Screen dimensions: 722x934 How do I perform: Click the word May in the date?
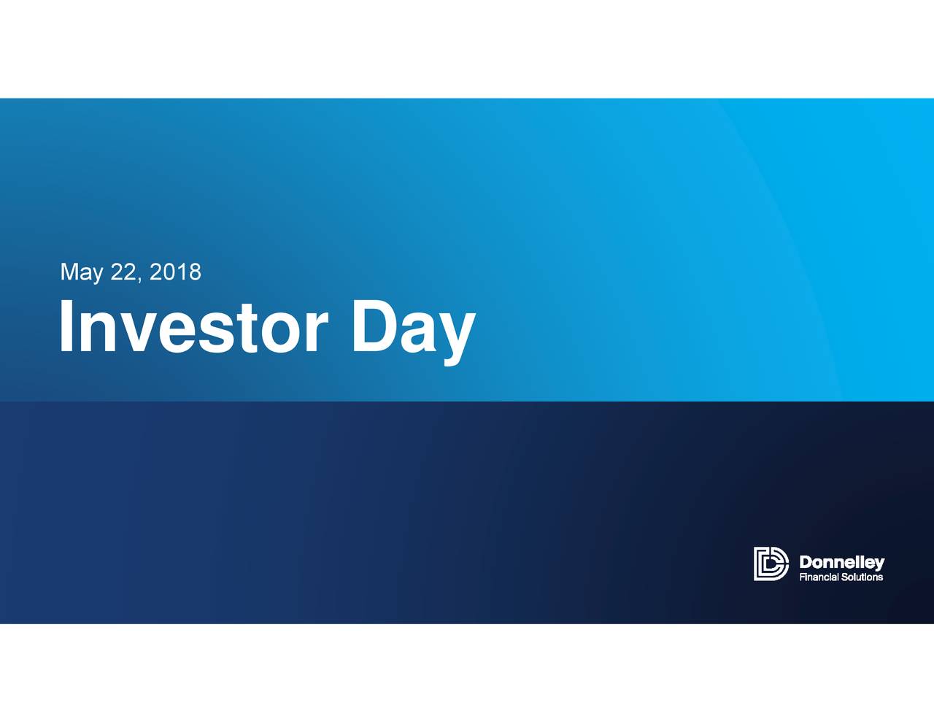click(x=81, y=272)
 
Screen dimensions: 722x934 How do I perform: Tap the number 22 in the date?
click(x=123, y=272)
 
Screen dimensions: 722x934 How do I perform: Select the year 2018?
click(x=174, y=272)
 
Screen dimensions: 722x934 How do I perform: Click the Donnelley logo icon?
click(x=771, y=564)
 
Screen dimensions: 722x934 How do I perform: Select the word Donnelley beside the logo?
click(x=841, y=562)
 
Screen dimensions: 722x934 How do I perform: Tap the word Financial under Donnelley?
click(x=819, y=577)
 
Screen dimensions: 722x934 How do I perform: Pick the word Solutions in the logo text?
click(x=862, y=577)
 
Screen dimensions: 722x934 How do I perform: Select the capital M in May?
click(x=70, y=272)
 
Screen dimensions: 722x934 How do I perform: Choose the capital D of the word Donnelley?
click(x=806, y=562)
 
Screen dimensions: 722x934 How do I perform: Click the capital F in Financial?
click(x=802, y=577)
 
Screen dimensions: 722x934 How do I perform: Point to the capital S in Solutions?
click(x=845, y=577)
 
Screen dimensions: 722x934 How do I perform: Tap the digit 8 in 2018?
click(x=194, y=272)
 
